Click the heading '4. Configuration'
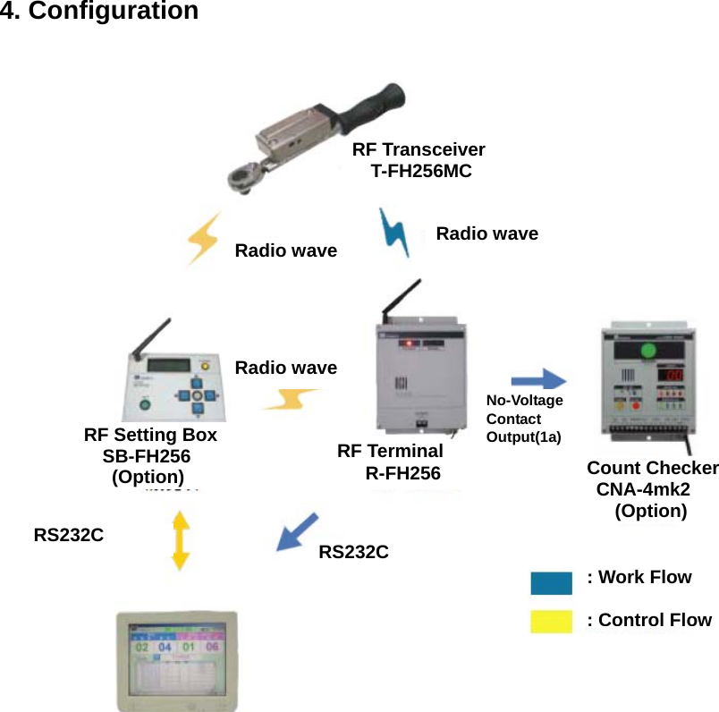click(99, 13)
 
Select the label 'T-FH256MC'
click(420, 171)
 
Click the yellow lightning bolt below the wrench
click(204, 239)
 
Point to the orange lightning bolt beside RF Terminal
click(288, 398)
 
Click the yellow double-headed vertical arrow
click(181, 540)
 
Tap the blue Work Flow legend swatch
click(551, 583)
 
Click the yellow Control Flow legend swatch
click(551, 621)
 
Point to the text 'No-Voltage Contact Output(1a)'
click(524, 419)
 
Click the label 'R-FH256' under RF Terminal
click(402, 473)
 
